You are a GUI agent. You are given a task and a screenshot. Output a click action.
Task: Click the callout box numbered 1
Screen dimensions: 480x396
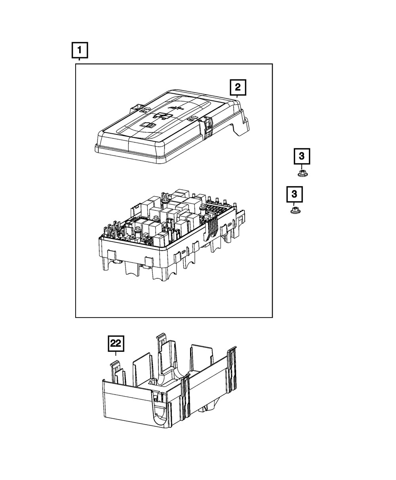click(x=79, y=51)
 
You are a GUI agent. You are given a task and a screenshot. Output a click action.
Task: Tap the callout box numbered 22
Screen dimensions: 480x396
click(x=116, y=344)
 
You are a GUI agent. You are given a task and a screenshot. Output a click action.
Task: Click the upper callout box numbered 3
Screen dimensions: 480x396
click(x=302, y=157)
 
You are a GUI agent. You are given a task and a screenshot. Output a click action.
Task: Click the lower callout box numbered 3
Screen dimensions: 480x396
click(x=294, y=194)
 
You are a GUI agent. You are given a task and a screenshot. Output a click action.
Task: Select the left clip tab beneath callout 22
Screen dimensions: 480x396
click(x=115, y=368)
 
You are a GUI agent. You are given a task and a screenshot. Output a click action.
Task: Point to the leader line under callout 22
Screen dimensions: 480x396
click(x=116, y=355)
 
